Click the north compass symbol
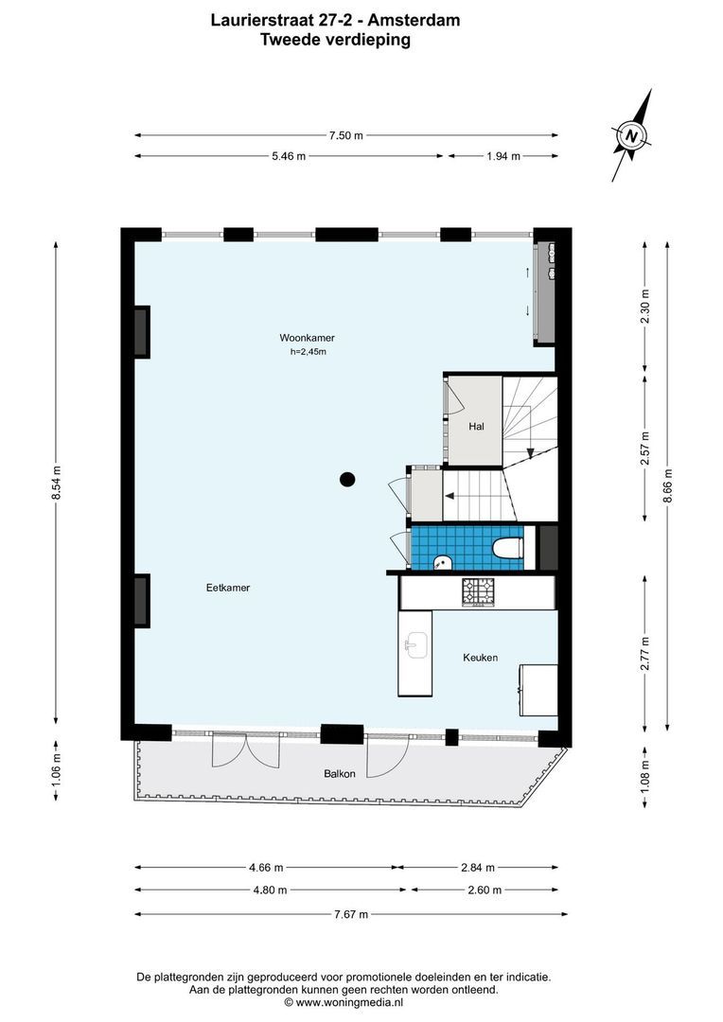coord(631,135)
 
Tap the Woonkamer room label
coord(307,338)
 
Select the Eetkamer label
coord(228,588)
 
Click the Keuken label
coord(480,658)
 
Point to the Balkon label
coord(339,773)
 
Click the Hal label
coord(477,427)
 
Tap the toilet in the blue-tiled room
coord(507,549)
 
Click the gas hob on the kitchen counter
coord(478,591)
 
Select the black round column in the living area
coord(347,479)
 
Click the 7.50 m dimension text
coord(345,135)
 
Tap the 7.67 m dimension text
coord(351,914)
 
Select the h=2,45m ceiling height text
coord(308,352)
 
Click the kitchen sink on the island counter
coord(414,646)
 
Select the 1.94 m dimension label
coord(503,157)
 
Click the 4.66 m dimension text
coord(264,867)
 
